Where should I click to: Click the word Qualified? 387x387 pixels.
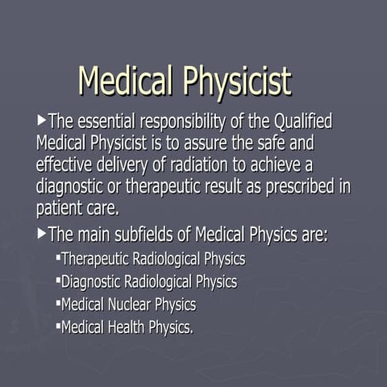point(304,123)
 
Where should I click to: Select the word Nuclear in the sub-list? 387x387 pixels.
point(131,305)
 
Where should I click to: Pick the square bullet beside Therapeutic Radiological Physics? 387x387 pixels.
point(59,258)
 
